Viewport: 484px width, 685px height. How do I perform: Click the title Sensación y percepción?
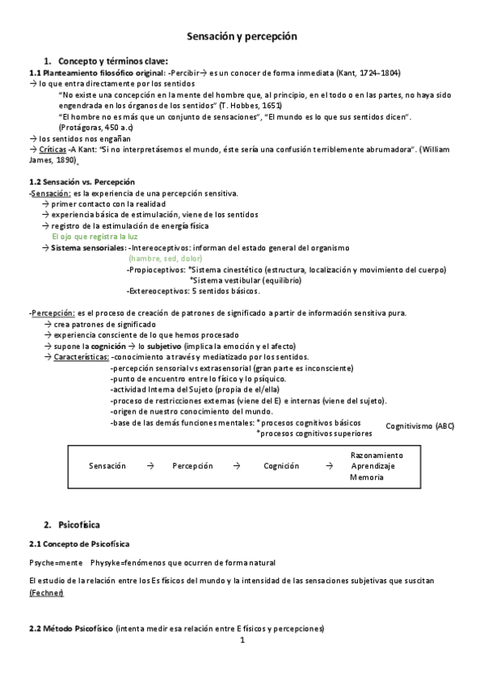coord(242,37)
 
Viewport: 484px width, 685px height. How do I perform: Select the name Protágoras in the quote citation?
coord(86,128)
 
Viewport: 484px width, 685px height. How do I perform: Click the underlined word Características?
coord(80,356)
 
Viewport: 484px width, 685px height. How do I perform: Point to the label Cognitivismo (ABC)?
coord(420,426)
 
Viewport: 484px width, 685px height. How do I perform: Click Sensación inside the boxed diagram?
coord(107,466)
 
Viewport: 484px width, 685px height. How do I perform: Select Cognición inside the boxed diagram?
coord(281,466)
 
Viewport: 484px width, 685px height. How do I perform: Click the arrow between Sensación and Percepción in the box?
coord(150,466)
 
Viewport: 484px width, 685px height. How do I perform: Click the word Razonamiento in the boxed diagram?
coord(376,456)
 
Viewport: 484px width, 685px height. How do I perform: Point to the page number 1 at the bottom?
coord(242,641)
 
